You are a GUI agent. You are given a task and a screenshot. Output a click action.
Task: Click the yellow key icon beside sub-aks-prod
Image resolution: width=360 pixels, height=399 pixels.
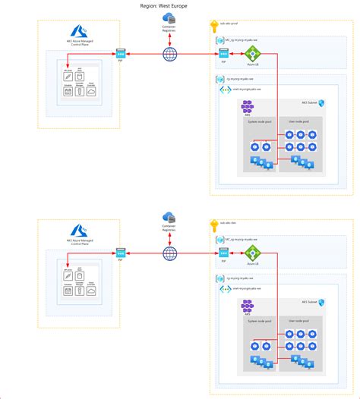[213, 25]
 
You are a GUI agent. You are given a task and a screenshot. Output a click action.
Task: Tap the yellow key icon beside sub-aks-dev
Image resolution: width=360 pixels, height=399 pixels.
[213, 225]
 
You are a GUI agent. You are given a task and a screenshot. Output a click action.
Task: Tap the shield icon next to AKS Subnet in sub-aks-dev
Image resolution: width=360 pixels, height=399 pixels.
[321, 302]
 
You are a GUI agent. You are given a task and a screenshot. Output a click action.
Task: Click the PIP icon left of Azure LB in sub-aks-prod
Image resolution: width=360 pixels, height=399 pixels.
[223, 54]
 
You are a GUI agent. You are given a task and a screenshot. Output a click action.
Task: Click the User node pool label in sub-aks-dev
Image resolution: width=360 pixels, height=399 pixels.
[297, 320]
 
